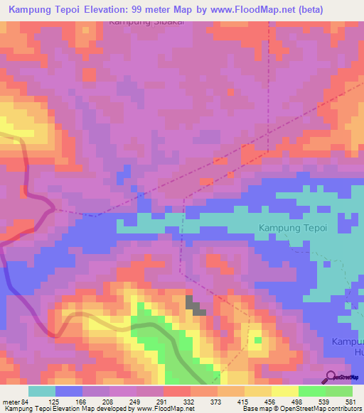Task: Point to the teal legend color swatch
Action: click(41, 391)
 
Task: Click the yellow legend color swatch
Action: click(284, 391)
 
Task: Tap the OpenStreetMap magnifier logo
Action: click(331, 377)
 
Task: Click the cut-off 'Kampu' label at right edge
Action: click(348, 342)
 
